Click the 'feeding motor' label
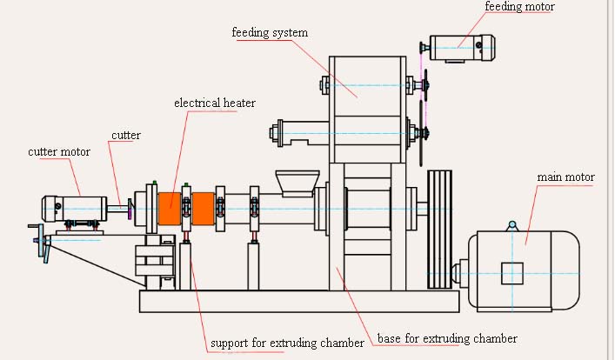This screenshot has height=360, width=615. point(519,6)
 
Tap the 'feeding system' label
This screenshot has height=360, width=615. point(270,32)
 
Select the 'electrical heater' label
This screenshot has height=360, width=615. point(215,103)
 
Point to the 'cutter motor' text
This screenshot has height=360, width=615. point(59,152)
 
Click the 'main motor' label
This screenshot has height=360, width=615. point(565,177)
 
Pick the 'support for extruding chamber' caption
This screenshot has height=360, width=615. point(288,343)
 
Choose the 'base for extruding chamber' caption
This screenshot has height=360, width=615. point(447,338)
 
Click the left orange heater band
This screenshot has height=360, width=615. point(170,209)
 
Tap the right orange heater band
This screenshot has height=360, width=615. point(204,209)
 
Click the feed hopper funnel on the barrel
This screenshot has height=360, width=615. point(297,183)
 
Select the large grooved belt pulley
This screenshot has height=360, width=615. point(439,230)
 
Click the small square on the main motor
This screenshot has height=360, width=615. point(512,273)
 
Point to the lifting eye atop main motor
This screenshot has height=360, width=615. point(512,226)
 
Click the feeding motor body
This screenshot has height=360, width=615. point(462,48)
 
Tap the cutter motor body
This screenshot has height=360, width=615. point(74,209)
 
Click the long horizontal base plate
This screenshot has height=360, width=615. point(299,302)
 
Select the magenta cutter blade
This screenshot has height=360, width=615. point(130,209)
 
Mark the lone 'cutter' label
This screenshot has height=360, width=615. point(126,136)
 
